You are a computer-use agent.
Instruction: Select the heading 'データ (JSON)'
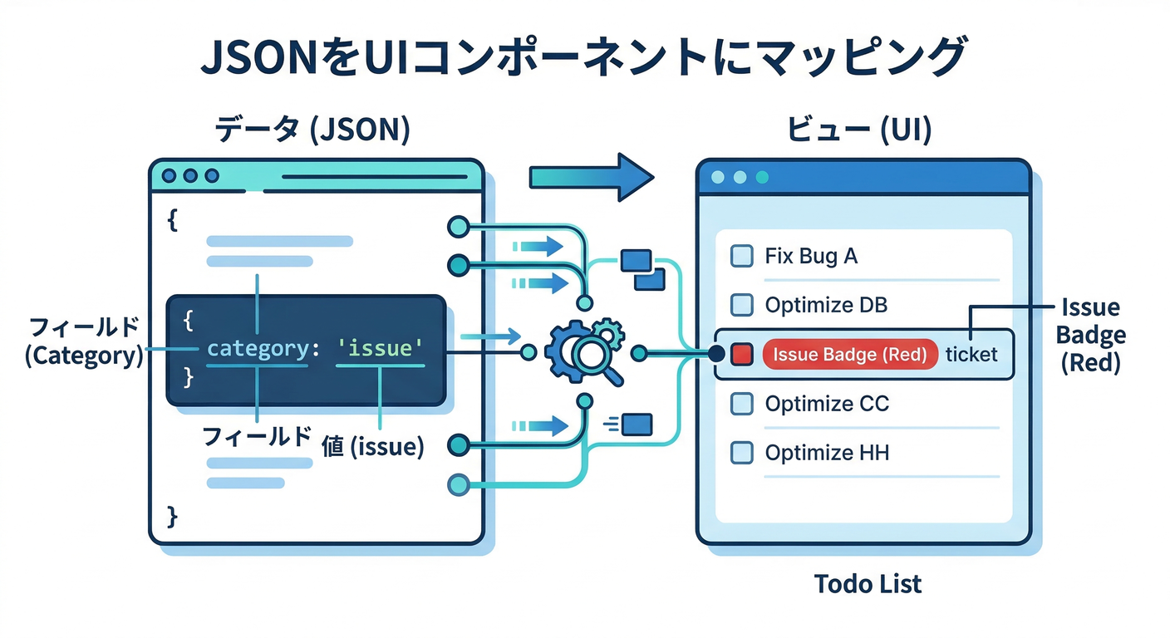point(312,130)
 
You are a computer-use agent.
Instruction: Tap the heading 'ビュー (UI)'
point(859,130)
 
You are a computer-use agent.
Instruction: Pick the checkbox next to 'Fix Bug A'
point(740,256)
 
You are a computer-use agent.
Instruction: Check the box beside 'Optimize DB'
point(740,306)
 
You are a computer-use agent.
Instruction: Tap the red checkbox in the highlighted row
point(740,355)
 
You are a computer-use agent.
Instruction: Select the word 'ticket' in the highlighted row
point(971,355)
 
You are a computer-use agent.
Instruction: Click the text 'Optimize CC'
point(826,405)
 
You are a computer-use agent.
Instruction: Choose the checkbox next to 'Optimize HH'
point(740,454)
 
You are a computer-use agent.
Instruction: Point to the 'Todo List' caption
point(868,583)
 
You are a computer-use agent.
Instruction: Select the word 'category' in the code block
point(258,348)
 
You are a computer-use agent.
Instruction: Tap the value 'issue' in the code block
point(381,348)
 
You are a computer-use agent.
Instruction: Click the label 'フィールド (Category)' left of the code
point(83,341)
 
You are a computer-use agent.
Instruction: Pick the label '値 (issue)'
point(372,447)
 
